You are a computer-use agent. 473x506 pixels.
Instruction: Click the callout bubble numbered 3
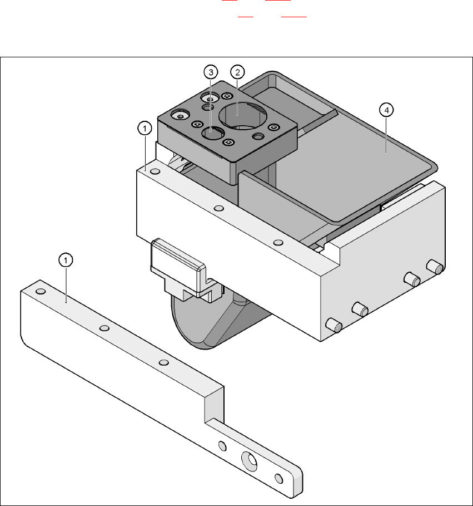point(210,72)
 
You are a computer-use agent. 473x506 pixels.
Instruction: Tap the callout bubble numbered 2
point(237,72)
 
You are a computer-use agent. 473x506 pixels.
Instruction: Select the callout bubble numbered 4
point(387,110)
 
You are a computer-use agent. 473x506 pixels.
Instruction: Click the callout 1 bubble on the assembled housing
point(144,129)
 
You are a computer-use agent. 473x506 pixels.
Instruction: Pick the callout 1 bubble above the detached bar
point(66,259)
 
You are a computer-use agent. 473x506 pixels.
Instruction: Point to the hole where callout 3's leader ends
point(212,133)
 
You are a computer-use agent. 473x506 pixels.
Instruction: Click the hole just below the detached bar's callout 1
point(40,291)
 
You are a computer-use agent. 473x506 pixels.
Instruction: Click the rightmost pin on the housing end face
point(435,266)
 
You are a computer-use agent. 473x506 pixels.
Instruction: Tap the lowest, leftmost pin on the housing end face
point(333,325)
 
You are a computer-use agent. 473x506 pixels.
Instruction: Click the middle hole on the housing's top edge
point(219,208)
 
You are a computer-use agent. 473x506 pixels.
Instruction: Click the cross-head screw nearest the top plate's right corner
point(258,136)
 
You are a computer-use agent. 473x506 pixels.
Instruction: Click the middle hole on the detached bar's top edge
point(104,328)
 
